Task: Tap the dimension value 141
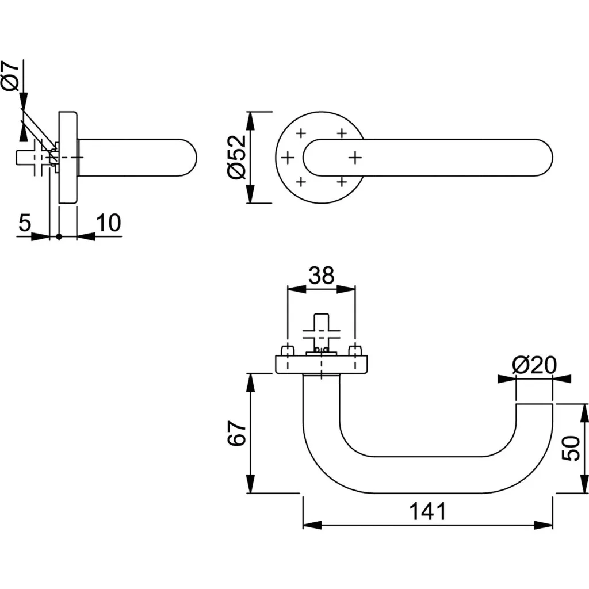[427, 510]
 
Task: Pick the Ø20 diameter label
[533, 365]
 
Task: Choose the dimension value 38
[321, 276]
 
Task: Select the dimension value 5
[24, 223]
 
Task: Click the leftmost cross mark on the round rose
[287, 156]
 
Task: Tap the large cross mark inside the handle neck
[355, 156]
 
